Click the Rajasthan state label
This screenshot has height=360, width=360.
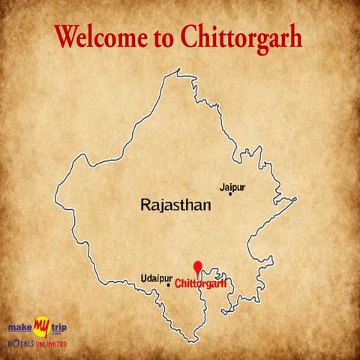pyautogui.click(x=175, y=203)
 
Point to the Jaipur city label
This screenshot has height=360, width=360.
pyautogui.click(x=232, y=185)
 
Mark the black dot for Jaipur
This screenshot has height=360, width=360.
pyautogui.click(x=230, y=194)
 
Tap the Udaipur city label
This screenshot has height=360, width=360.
pyautogui.click(x=159, y=278)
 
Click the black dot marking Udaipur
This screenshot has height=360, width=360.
pyautogui.click(x=168, y=285)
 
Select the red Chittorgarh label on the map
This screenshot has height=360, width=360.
pyautogui.click(x=200, y=283)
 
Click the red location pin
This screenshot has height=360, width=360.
pyautogui.click(x=198, y=267)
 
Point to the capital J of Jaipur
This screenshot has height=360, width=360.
pyautogui.click(x=221, y=185)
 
